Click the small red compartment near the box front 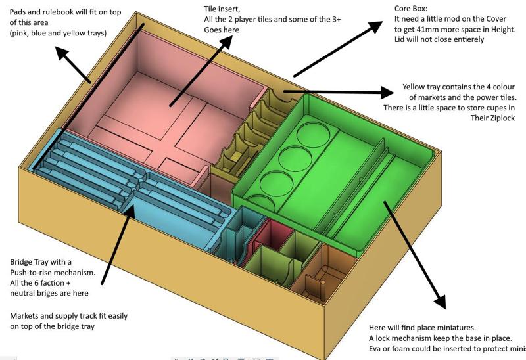(272, 231)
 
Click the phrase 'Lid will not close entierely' (448, 39)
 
